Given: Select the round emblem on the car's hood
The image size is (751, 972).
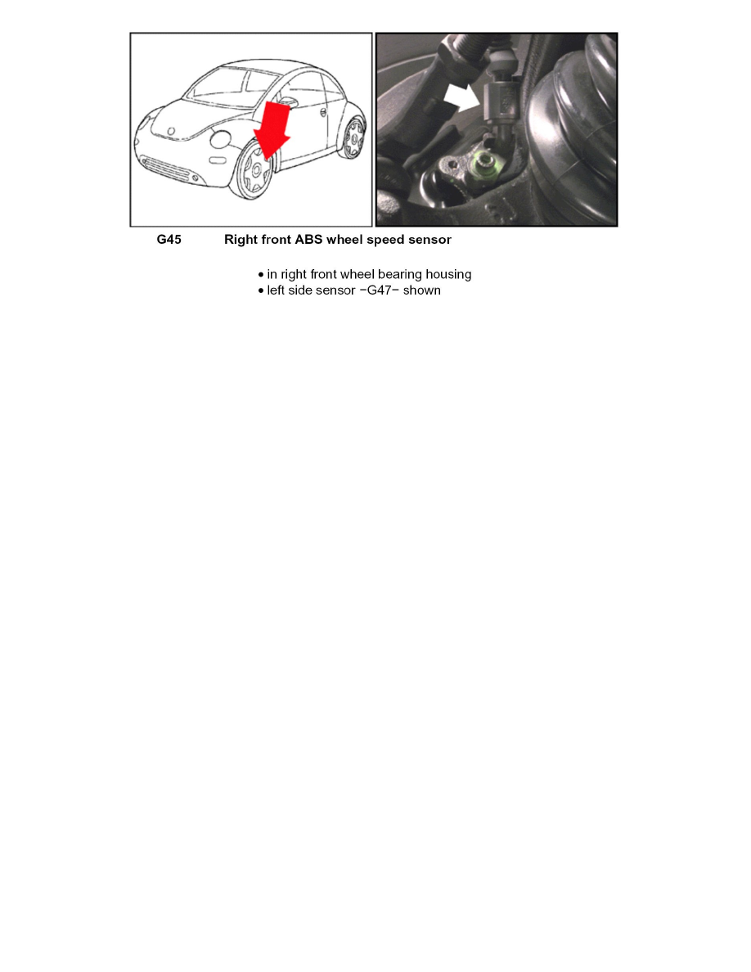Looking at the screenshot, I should point(171,131).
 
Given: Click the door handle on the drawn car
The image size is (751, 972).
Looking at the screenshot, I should point(325,112).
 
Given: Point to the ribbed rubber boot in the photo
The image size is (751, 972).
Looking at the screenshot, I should point(573,115).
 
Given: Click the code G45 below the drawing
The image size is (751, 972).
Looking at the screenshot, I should point(169,240).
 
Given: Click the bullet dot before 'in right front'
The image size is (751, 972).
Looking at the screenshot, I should point(260,275).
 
